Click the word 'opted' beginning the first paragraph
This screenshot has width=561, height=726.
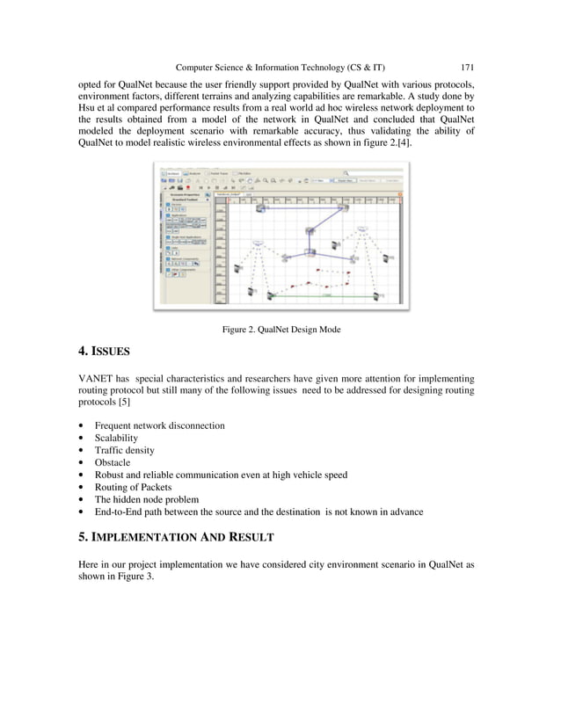point(91,82)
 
